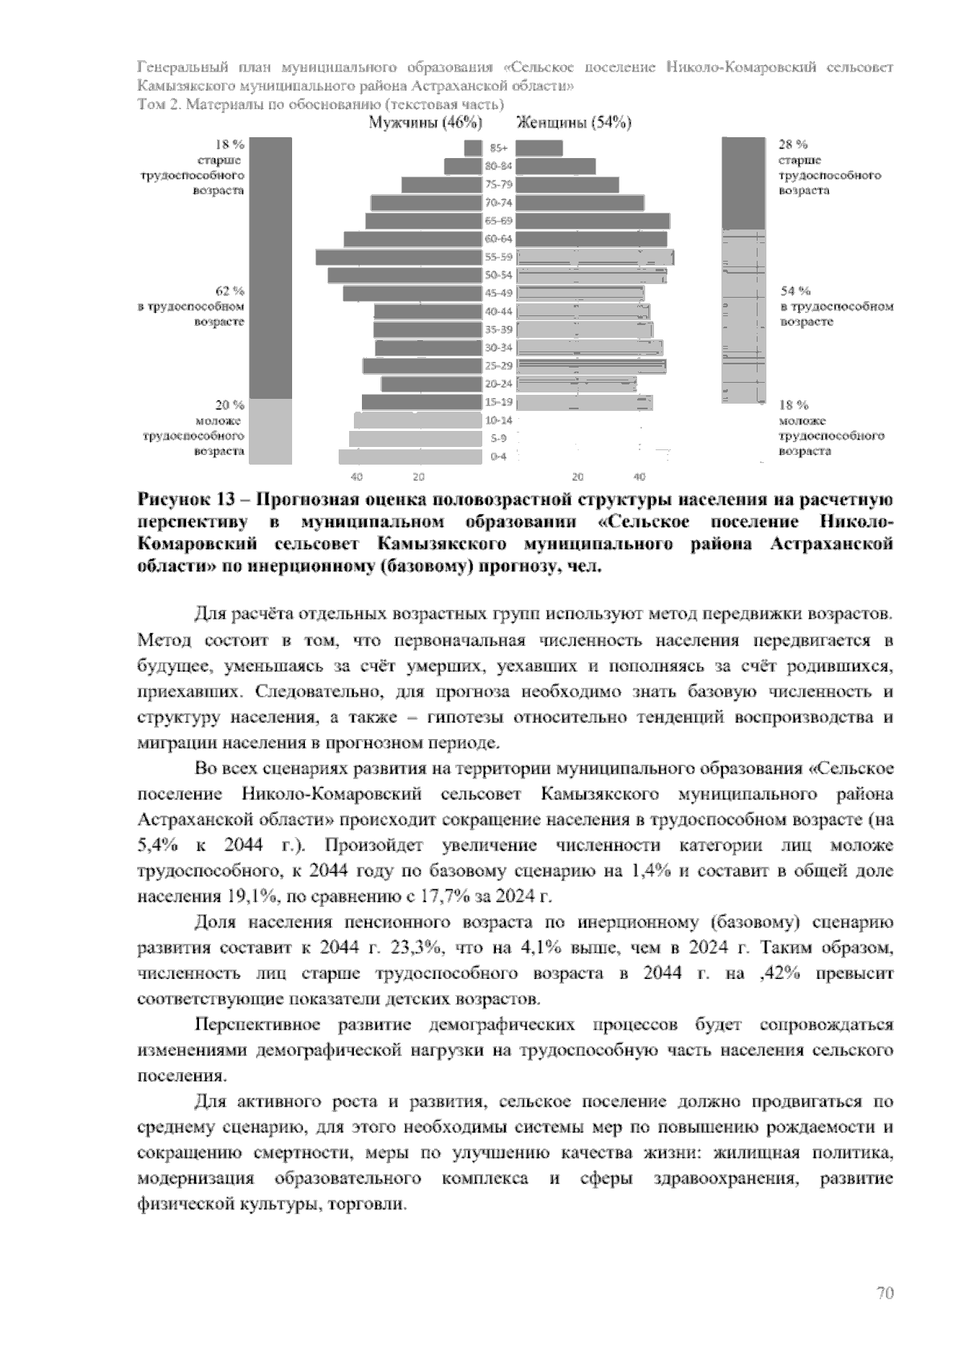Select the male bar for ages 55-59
398,257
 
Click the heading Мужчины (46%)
425,123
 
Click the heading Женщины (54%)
573,123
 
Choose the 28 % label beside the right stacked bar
792,144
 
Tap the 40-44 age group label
498,311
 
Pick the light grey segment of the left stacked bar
270,431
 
